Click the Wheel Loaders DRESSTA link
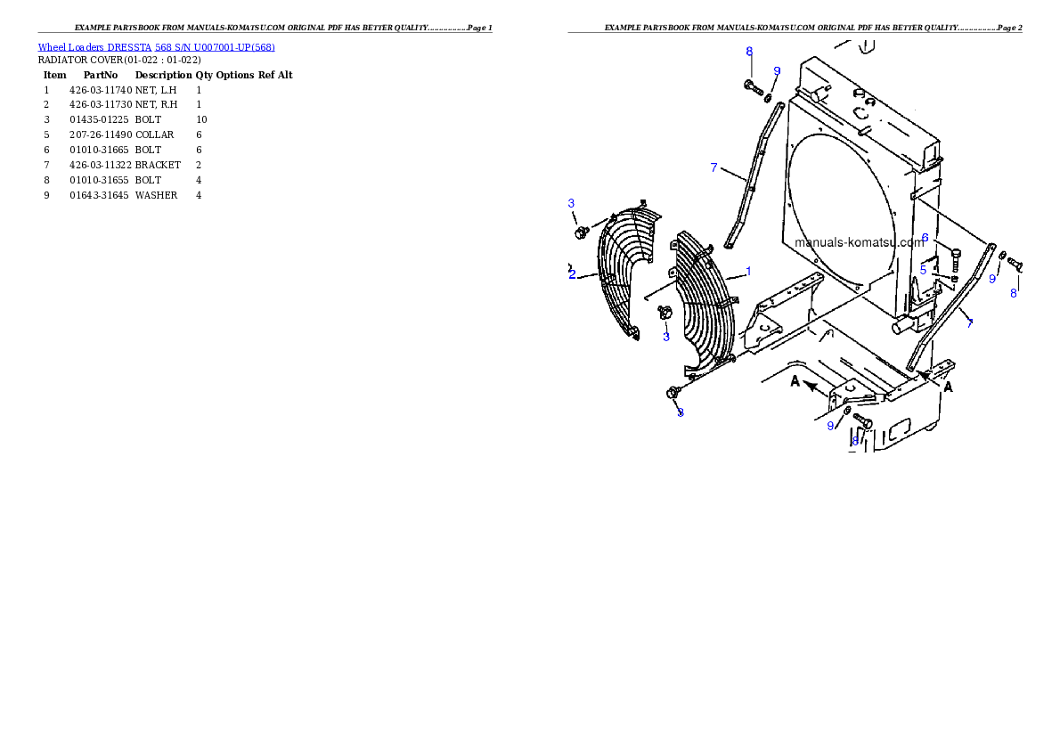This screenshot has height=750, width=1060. pyautogui.click(x=94, y=47)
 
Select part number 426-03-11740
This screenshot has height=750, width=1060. pyautogui.click(x=101, y=90)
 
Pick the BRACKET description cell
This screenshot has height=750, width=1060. pyautogui.click(x=159, y=165)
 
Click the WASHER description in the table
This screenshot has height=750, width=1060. pyautogui.click(x=156, y=195)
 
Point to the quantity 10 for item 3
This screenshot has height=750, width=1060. pyautogui.click(x=201, y=119)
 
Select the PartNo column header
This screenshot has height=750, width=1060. pyautogui.click(x=101, y=75)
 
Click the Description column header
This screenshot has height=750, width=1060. pyautogui.click(x=164, y=75)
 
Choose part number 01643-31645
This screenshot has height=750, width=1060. pyautogui.click(x=100, y=195)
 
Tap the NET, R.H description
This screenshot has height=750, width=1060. pyautogui.click(x=156, y=105)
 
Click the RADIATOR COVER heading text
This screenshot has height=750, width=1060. pyautogui.click(x=119, y=61)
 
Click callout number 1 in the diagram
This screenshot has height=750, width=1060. pyautogui.click(x=748, y=271)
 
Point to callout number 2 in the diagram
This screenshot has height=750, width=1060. pyautogui.click(x=572, y=274)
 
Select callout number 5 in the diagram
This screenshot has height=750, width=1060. pyautogui.click(x=923, y=270)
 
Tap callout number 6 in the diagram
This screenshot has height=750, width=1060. pyautogui.click(x=925, y=238)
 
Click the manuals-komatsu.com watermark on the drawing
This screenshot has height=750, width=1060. pyautogui.click(x=859, y=242)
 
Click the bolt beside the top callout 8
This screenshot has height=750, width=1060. pyautogui.click(x=753, y=86)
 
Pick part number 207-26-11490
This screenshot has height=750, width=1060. pyautogui.click(x=101, y=135)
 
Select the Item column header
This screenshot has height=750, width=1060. pyautogui.click(x=54, y=75)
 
